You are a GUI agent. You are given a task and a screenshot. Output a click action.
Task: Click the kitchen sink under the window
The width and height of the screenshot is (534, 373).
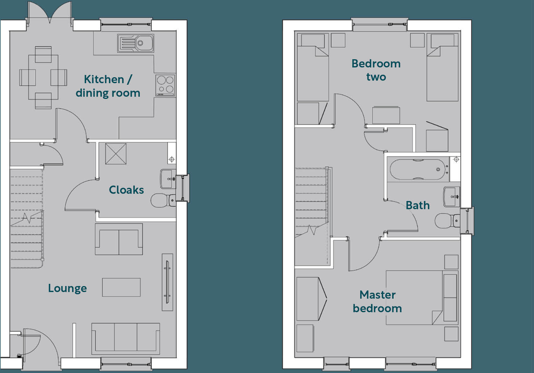[x=136, y=43]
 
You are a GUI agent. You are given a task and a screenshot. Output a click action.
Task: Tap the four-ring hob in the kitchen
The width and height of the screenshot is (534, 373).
[x=165, y=85]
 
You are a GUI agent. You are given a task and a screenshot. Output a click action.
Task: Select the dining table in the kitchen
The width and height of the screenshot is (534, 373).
[x=43, y=77]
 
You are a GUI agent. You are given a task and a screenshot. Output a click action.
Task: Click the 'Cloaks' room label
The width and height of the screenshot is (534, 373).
[x=126, y=190]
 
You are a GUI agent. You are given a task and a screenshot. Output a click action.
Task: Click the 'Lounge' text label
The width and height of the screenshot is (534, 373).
[x=67, y=288]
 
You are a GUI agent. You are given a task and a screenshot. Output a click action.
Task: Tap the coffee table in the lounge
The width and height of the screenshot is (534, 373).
[x=121, y=287]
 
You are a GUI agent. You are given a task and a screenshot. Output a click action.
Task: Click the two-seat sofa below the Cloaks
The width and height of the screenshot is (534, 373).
[x=119, y=239]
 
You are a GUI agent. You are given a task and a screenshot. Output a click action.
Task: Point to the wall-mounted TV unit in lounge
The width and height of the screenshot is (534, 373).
[x=167, y=282]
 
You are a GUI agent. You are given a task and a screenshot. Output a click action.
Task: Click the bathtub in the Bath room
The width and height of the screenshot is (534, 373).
[x=418, y=169]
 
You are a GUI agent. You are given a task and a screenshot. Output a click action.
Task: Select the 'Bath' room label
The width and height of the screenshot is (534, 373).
[x=418, y=205]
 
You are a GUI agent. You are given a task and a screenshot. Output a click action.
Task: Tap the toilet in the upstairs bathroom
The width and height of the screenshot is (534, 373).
[x=446, y=221]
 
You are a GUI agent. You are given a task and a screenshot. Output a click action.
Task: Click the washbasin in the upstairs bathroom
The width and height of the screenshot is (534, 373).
[x=452, y=197]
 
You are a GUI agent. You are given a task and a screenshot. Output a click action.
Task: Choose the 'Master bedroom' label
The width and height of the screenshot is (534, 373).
[x=377, y=301]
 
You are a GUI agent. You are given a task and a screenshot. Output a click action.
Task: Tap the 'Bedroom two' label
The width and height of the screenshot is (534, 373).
[x=376, y=70]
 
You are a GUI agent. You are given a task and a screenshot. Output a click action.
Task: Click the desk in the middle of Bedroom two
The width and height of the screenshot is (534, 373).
[x=386, y=115]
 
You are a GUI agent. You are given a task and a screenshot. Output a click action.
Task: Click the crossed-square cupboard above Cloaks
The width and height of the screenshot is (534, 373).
[x=116, y=154]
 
